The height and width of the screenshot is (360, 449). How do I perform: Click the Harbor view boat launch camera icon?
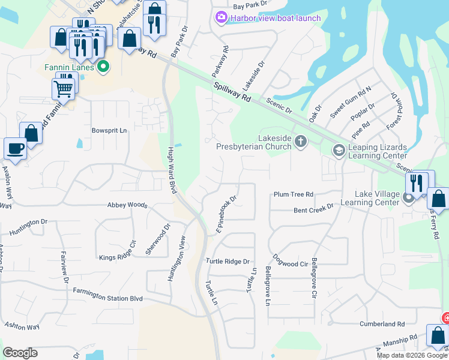tap(221, 18)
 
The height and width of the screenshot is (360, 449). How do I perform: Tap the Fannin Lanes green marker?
tap(103, 67)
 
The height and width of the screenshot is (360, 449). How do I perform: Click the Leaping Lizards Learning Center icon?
tap(339, 149)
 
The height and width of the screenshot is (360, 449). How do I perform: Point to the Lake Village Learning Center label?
tap(377, 198)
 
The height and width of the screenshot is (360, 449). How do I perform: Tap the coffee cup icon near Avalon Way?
tap(15, 148)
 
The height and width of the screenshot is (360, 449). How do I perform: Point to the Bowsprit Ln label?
tap(110, 130)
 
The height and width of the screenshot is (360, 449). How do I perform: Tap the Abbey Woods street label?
tap(127, 205)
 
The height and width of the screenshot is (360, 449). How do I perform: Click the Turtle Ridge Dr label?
tap(228, 261)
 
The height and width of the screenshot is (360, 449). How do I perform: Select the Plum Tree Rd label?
tap(294, 194)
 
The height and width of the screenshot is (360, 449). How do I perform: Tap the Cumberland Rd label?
tap(387, 324)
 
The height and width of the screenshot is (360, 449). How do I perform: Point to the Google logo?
tap(20, 353)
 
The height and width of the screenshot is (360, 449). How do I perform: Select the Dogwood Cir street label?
tap(290, 263)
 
